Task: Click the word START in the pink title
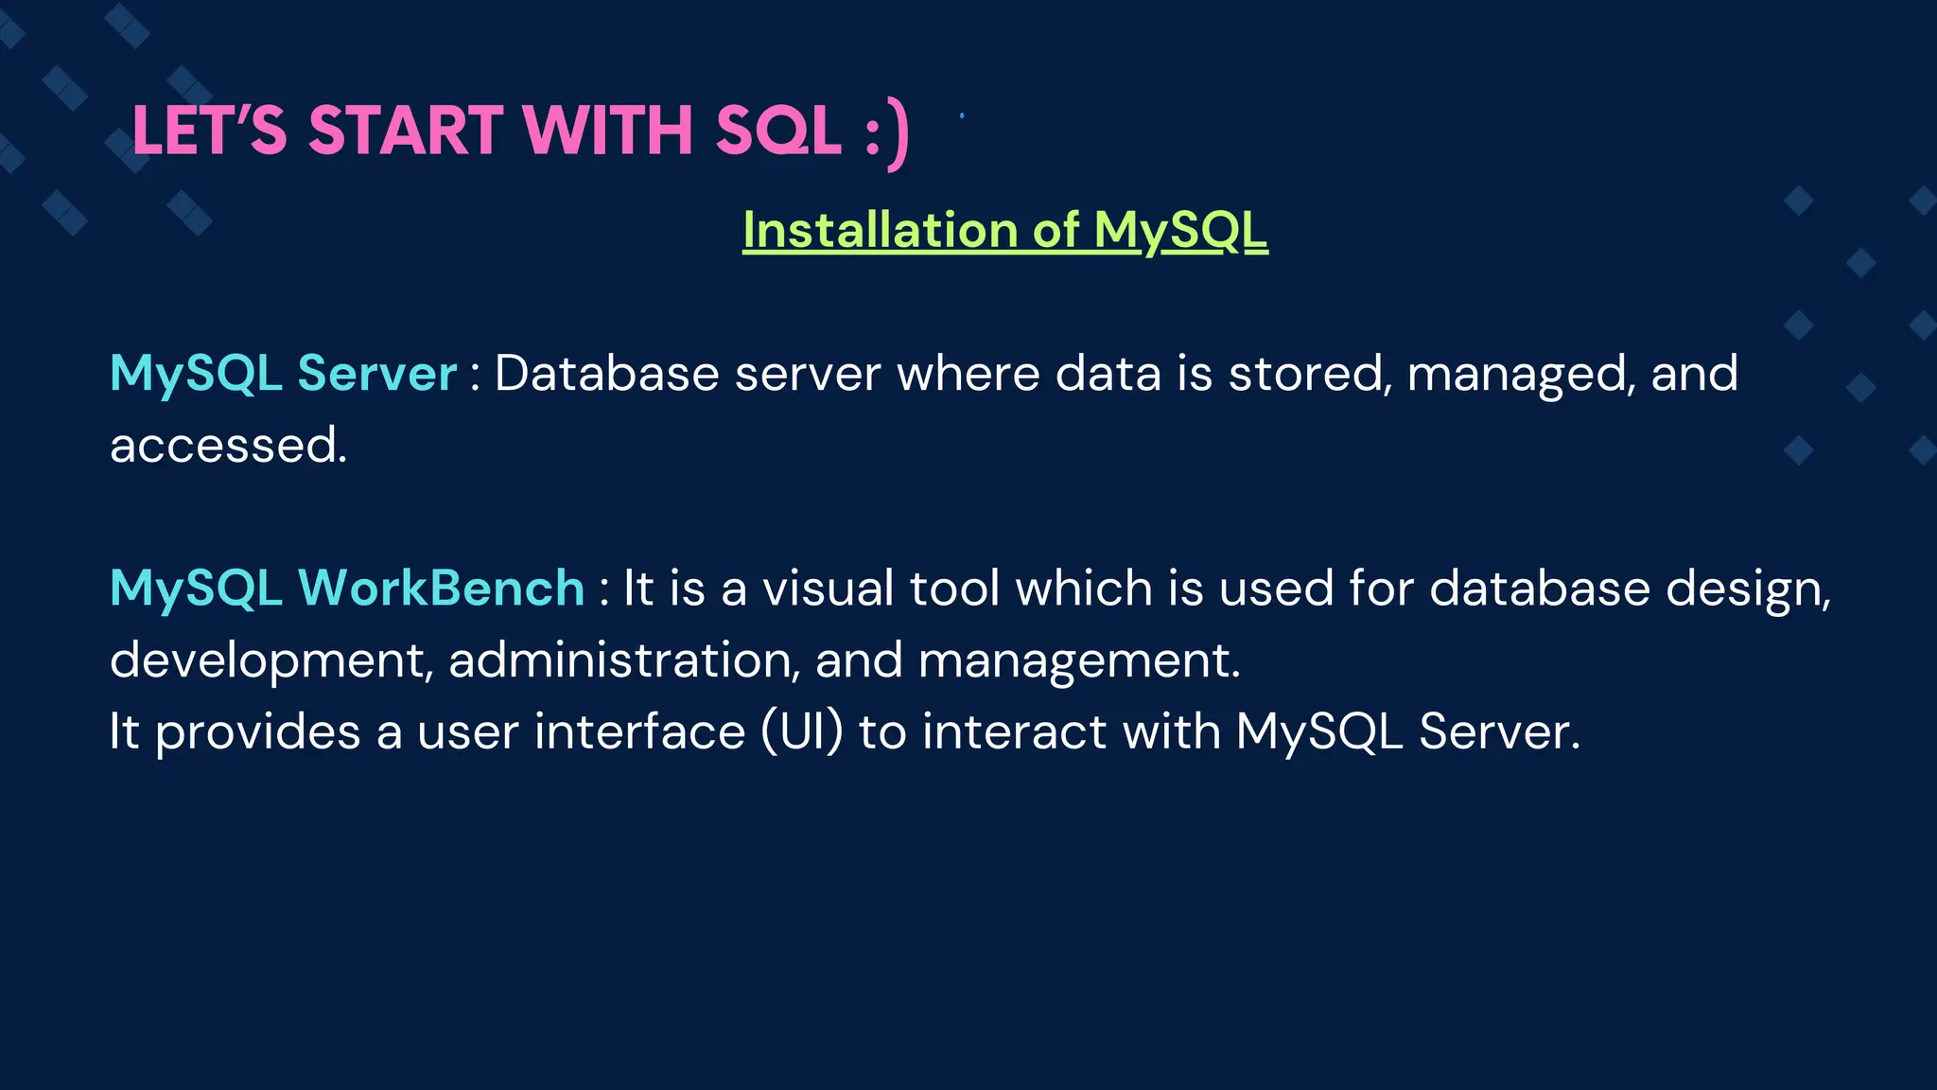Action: tap(406, 131)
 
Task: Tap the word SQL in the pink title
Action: tap(777, 131)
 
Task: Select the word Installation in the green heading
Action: tap(880, 230)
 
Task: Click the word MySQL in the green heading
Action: tap(1179, 230)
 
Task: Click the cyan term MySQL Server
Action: tap(283, 373)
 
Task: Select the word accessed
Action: tap(228, 445)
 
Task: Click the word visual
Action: tap(828, 588)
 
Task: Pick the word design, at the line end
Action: tap(1748, 589)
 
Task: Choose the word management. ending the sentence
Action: tap(1079, 660)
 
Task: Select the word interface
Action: tap(639, 731)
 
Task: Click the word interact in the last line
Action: tap(1014, 731)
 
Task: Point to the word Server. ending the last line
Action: tap(1499, 731)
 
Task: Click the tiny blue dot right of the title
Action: tap(962, 115)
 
